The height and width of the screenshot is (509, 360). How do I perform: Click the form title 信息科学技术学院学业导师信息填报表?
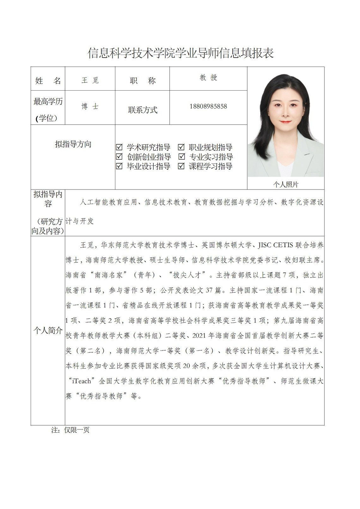click(x=180, y=53)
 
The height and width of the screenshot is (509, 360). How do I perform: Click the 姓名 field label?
click(x=48, y=81)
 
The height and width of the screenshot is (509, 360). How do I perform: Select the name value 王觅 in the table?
click(x=90, y=80)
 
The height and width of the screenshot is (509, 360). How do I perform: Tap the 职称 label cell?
click(x=143, y=81)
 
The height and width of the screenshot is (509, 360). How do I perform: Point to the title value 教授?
click(x=208, y=78)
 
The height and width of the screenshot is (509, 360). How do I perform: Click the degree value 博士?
click(x=90, y=107)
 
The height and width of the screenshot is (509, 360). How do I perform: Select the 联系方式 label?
click(x=143, y=110)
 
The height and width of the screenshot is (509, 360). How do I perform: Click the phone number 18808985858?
click(x=208, y=106)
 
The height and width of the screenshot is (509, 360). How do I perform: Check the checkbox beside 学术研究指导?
click(x=119, y=147)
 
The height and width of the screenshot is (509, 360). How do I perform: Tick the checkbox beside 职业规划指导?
click(x=181, y=147)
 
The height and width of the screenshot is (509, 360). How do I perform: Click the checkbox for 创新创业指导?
click(x=119, y=157)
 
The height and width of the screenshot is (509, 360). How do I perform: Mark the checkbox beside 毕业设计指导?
click(x=119, y=166)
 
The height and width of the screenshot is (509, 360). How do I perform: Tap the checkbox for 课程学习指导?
click(x=181, y=166)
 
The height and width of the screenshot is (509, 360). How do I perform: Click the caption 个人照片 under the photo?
click(x=285, y=185)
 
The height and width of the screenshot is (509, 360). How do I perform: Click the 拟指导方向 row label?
click(x=73, y=144)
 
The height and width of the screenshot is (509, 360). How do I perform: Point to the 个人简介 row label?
click(x=48, y=331)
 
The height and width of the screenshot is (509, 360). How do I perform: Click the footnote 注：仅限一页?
click(x=70, y=430)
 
